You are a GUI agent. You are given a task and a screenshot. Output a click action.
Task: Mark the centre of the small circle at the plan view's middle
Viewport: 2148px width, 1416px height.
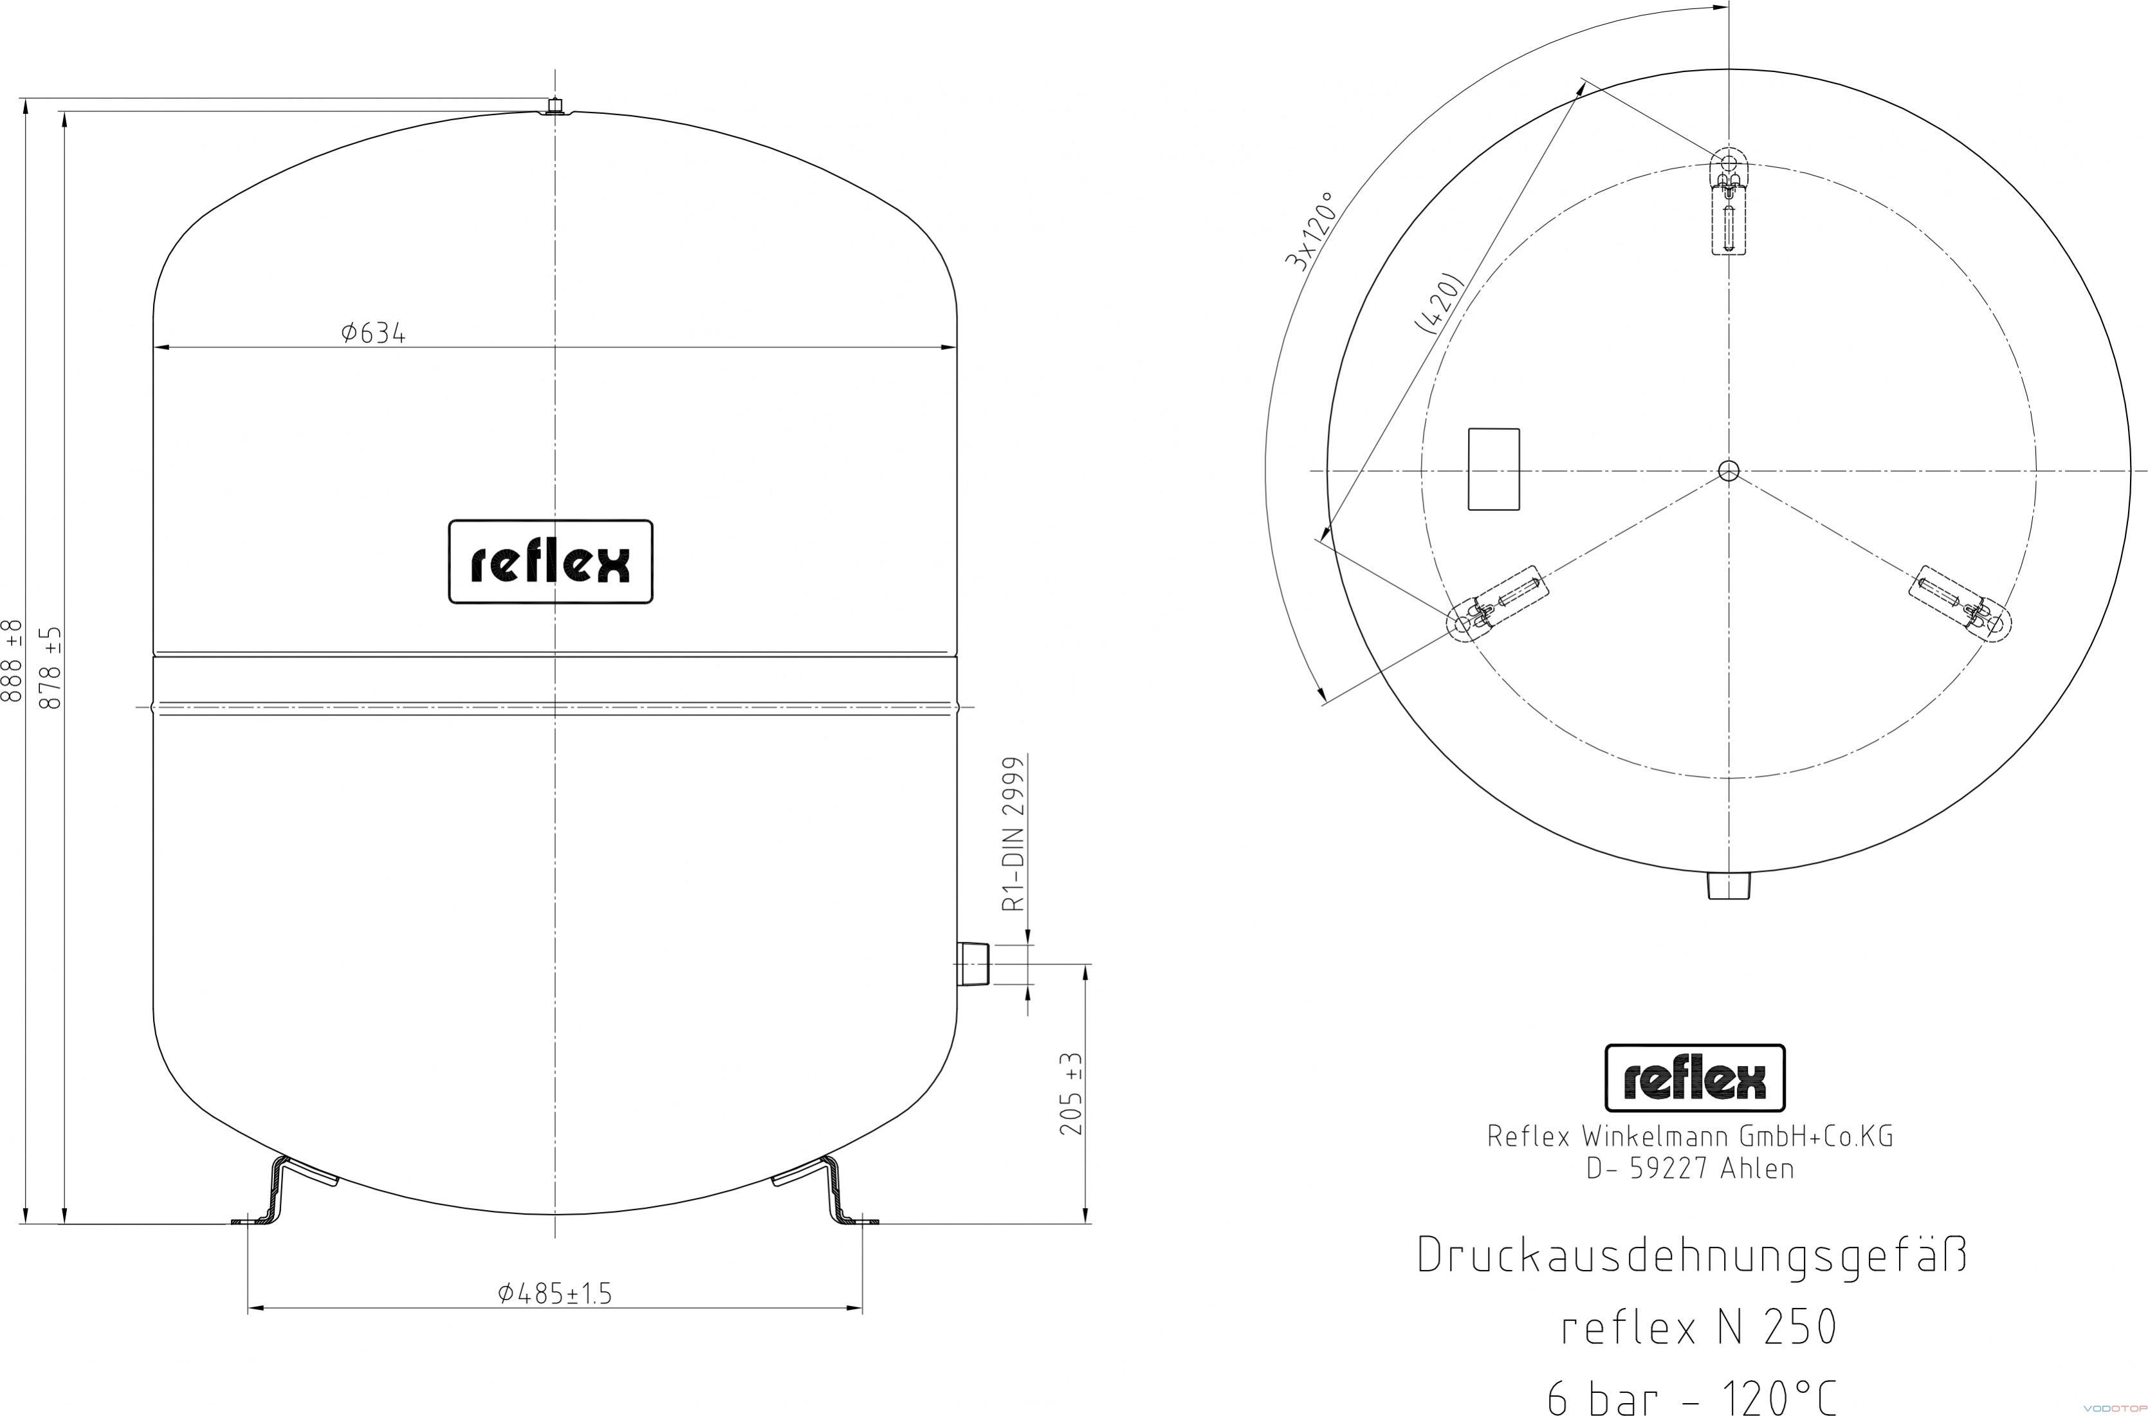1728,470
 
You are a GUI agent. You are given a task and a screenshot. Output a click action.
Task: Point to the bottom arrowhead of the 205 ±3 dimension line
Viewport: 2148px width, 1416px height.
1085,1215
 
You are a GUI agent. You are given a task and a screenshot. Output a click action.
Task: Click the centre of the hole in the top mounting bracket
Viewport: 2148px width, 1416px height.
1728,163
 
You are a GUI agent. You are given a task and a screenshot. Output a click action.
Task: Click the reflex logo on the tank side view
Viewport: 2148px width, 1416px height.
551,562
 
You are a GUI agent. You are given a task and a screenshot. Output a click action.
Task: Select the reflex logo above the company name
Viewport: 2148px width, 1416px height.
1694,1078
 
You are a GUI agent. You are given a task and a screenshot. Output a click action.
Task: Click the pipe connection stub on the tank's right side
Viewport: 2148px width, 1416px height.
973,964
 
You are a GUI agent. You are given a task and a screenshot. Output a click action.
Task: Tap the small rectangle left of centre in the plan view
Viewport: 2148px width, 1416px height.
1494,470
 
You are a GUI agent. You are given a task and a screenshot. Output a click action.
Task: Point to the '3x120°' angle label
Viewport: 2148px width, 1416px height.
1309,231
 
